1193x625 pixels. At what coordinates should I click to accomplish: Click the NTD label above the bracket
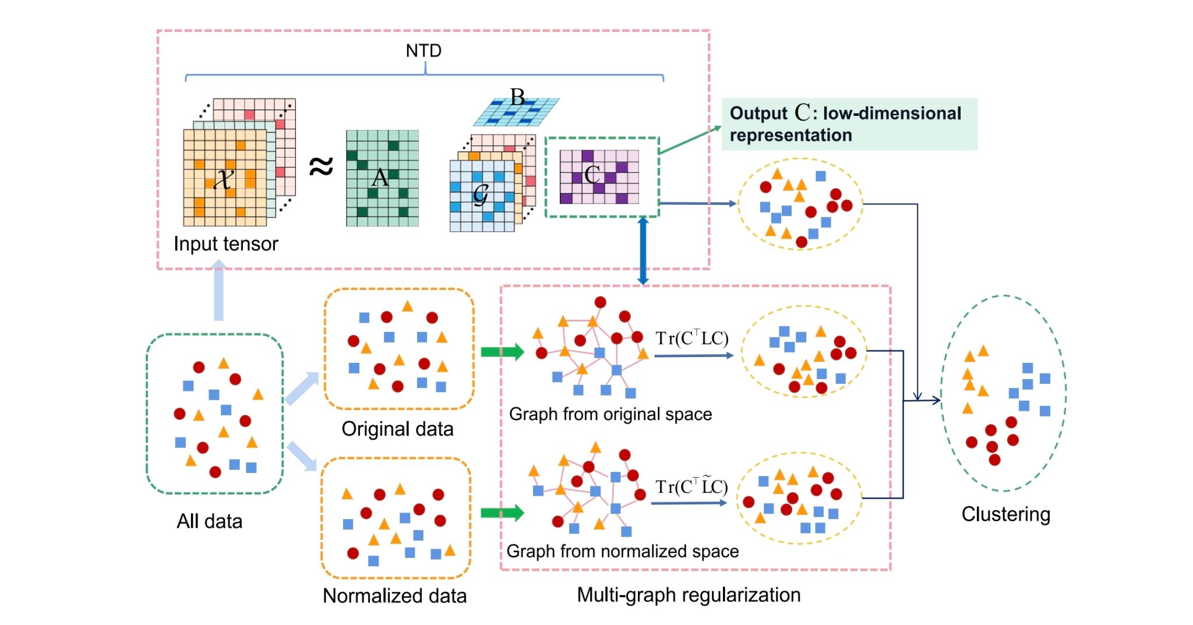click(423, 51)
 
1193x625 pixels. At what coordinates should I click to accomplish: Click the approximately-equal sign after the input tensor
click(321, 166)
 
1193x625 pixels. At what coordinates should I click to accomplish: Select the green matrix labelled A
click(382, 178)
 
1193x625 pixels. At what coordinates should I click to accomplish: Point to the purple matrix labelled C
click(599, 176)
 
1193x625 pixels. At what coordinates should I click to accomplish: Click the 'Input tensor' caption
click(226, 243)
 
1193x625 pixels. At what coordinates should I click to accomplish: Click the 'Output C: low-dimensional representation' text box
click(849, 124)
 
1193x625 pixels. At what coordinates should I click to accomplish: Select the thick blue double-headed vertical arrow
click(643, 251)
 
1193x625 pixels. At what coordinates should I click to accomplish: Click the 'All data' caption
click(209, 521)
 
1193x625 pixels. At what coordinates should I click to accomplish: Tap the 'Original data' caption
click(397, 429)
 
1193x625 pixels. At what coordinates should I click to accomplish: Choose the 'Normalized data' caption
click(394, 595)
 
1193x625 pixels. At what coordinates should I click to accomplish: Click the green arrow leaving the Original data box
click(502, 352)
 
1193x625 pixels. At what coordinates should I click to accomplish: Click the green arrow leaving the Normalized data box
click(502, 513)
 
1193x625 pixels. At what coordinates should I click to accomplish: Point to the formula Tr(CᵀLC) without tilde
click(692, 338)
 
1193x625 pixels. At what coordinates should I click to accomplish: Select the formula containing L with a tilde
click(691, 486)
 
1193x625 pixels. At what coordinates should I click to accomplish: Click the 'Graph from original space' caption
click(610, 414)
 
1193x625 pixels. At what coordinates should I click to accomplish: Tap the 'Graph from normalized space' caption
click(622, 551)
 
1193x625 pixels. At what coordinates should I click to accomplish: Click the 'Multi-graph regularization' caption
click(689, 595)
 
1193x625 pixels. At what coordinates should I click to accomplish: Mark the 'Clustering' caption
click(1005, 514)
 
